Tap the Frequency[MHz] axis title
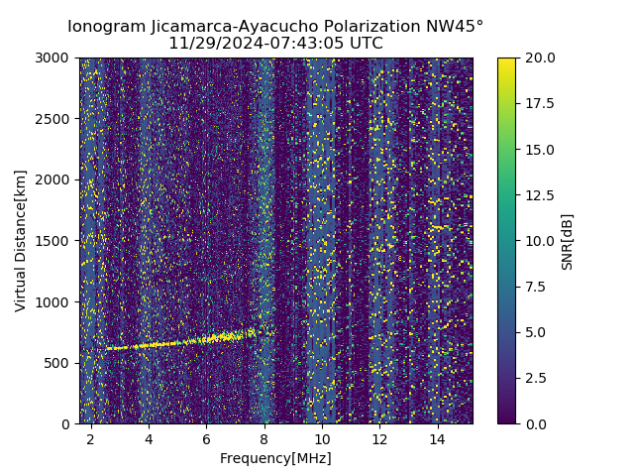pyautogui.click(x=275, y=458)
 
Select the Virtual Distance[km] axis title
pyautogui.click(x=21, y=240)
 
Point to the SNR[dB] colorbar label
pyautogui.click(x=568, y=241)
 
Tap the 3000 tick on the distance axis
pyautogui.click(x=55, y=58)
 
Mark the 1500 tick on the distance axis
pyautogui.click(x=55, y=241)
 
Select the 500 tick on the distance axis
pyautogui.click(x=59, y=363)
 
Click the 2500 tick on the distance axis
pyautogui.click(x=55, y=119)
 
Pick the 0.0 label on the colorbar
pyautogui.click(x=535, y=423)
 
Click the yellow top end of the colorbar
pyautogui.click(x=506, y=60)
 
